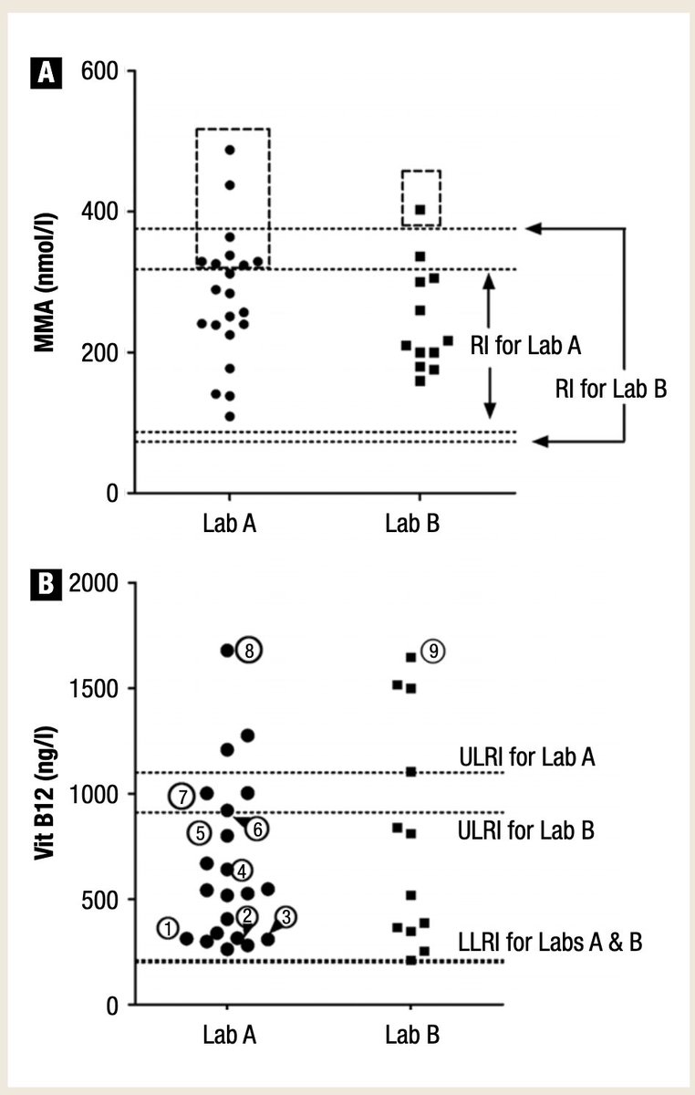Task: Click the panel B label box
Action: pos(47,585)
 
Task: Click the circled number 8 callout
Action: pos(249,651)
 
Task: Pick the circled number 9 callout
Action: pos(434,652)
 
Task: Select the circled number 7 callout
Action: pos(182,797)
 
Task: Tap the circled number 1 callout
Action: pos(167,927)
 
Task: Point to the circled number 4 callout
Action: pos(242,870)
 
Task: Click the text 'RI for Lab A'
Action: pos(526,346)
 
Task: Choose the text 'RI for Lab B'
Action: pos(611,388)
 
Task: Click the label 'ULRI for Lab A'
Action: pos(527,756)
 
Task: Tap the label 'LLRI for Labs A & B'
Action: pos(551,942)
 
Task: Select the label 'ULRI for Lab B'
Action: pos(527,830)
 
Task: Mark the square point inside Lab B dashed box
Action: pos(420,210)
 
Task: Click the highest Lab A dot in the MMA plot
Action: pos(230,150)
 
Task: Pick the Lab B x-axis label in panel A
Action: pos(413,525)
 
